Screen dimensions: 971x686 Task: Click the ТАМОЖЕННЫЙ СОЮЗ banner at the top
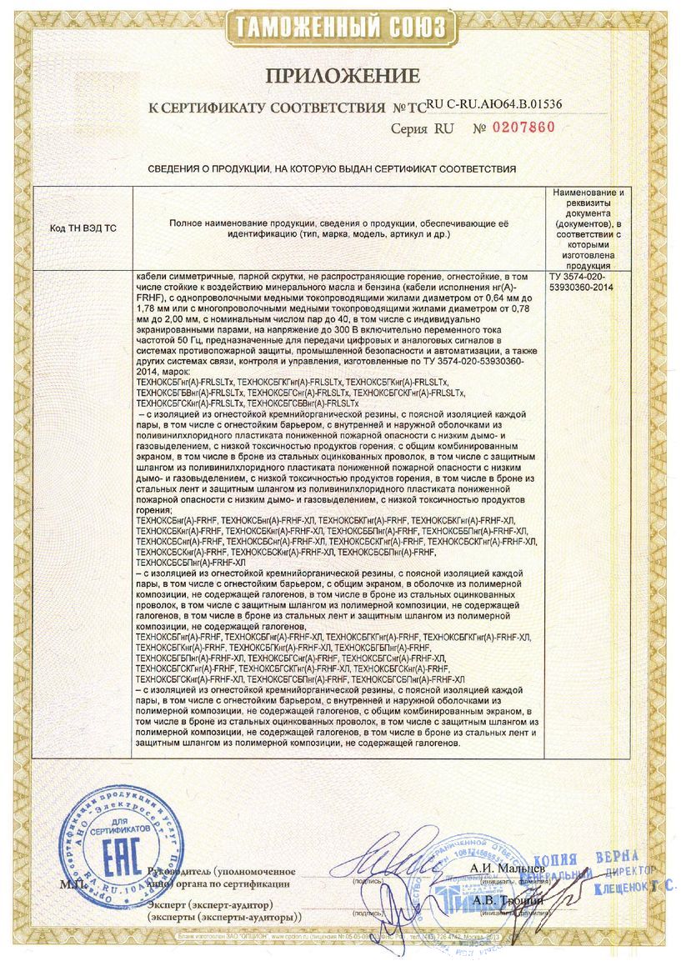[x=342, y=27]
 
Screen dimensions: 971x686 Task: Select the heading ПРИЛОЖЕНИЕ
[x=343, y=77]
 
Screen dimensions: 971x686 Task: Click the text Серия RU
[x=421, y=129]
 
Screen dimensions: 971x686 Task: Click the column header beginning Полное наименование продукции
[x=338, y=230]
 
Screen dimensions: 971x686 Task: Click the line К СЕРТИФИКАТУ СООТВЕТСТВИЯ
[x=267, y=108]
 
